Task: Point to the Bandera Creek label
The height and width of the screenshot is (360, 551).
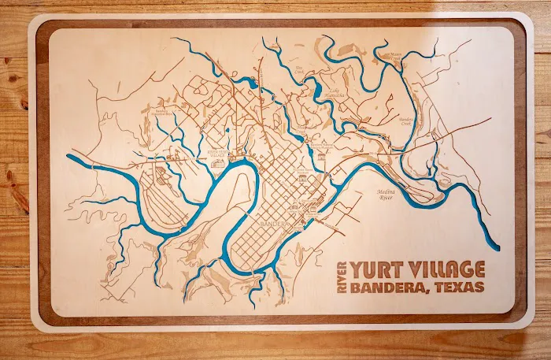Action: (x=406, y=122)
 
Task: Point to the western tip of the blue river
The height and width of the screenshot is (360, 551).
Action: (x=68, y=156)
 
